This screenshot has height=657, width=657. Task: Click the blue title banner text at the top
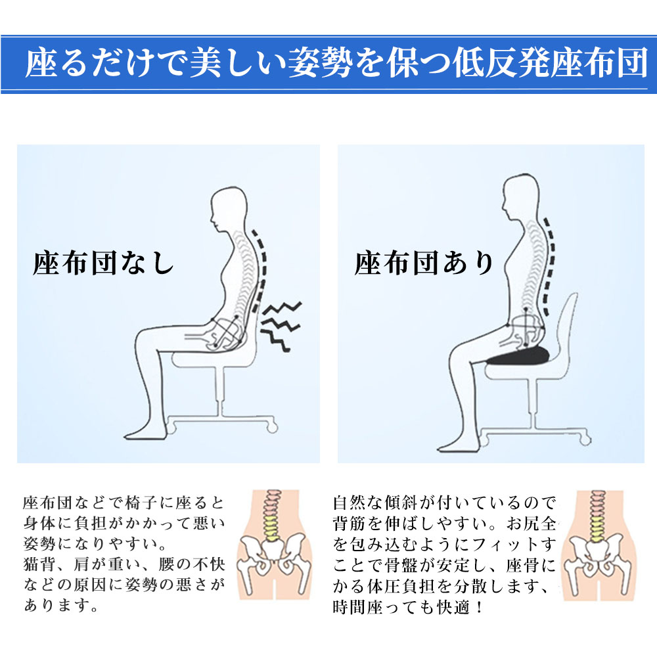pos(336,64)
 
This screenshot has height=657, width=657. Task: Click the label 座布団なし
pos(104,263)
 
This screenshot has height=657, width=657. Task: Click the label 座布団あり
pos(424,263)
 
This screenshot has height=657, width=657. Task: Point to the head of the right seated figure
pos(520,196)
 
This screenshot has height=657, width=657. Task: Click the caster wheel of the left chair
pos(273,427)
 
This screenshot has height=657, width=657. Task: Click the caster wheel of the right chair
pos(585,440)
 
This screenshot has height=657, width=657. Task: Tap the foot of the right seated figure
pos(457,446)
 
